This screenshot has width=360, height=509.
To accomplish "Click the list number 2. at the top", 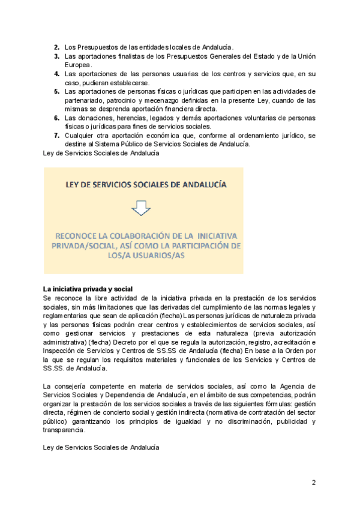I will coord(56,47).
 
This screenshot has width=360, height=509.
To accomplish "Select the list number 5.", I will coord(56,91).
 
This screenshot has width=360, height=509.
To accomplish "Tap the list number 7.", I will coord(56,136).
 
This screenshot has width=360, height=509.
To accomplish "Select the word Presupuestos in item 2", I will coord(96,47).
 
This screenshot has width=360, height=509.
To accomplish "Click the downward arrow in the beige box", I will coord(142,208).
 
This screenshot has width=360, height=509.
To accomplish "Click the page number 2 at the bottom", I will coord(313,482).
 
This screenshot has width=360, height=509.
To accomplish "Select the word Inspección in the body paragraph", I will coord(62,351).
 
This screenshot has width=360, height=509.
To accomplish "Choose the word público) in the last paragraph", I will coord(58,421).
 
